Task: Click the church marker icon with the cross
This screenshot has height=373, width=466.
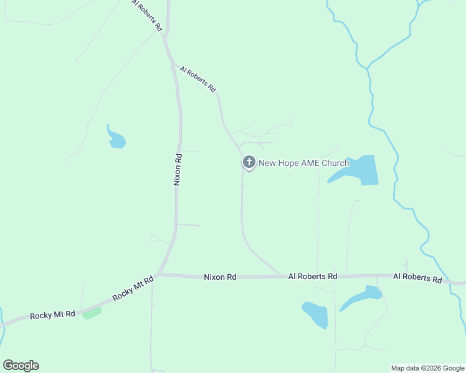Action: (249, 163)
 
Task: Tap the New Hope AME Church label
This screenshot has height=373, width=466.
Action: (303, 163)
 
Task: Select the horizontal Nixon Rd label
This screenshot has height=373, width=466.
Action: (220, 277)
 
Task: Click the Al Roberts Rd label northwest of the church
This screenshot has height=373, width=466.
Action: (197, 80)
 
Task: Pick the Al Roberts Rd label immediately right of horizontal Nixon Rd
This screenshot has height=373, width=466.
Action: (312, 276)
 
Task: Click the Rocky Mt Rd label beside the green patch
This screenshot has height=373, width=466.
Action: (52, 315)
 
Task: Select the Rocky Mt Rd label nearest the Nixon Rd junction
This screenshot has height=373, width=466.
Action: (133, 289)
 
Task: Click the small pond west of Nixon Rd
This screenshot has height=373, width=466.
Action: (116, 139)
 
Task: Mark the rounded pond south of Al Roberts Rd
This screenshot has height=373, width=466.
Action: (315, 315)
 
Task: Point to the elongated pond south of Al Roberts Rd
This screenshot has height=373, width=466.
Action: (362, 297)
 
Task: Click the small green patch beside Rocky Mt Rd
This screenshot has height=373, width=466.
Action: (92, 312)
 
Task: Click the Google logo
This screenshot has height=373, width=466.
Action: (21, 366)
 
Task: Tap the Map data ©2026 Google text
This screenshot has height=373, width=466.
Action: (427, 368)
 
